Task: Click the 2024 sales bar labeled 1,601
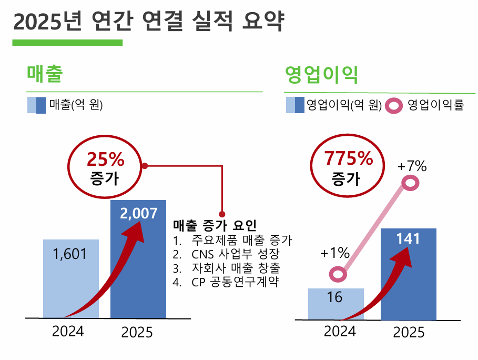click(70, 279)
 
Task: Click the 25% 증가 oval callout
click(105, 166)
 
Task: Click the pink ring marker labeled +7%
click(411, 183)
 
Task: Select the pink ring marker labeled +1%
click(338, 274)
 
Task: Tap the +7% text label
click(412, 166)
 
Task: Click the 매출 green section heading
click(45, 75)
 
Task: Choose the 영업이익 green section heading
click(321, 75)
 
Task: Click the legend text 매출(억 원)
click(76, 105)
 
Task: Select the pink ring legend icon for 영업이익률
click(394, 106)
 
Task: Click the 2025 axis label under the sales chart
click(137, 333)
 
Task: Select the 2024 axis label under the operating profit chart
click(339, 332)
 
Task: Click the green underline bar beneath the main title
click(67, 43)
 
